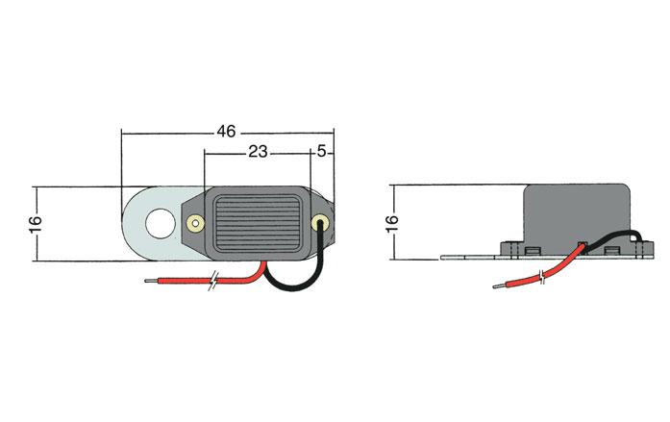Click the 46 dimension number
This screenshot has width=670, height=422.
(x=226, y=132)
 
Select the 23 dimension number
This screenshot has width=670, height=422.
(x=258, y=152)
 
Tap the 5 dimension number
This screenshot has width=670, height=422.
(x=322, y=151)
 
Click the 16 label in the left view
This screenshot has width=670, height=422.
(x=36, y=223)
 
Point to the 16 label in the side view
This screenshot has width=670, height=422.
(x=392, y=223)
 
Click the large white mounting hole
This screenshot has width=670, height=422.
(x=161, y=223)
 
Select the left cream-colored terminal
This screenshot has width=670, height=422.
(x=195, y=223)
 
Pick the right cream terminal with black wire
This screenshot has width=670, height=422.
(x=320, y=222)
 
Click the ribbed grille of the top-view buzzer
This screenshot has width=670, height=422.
(x=257, y=223)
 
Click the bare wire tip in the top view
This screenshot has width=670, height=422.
(x=150, y=281)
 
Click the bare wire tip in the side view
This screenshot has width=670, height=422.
(x=499, y=285)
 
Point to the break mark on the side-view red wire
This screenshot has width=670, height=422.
(x=543, y=277)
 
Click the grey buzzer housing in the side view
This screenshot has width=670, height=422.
(x=578, y=213)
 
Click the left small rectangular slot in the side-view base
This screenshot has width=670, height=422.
(x=532, y=250)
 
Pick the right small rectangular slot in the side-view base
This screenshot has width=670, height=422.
(x=611, y=250)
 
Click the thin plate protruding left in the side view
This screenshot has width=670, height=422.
(x=470, y=257)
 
